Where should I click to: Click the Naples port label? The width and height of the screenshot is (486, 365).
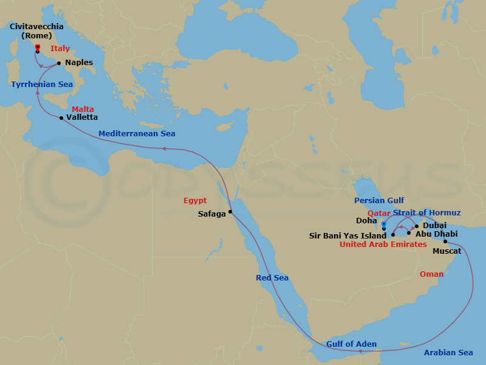pyautogui.click(x=79, y=63)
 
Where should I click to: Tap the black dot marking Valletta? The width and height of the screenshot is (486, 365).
pyautogui.click(x=61, y=118)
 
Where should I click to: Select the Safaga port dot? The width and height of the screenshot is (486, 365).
pyautogui.click(x=230, y=212)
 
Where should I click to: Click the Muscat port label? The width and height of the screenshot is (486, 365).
pyautogui.click(x=447, y=251)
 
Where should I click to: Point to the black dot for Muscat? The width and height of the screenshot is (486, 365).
pyautogui.click(x=445, y=241)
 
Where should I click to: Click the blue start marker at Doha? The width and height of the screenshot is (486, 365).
pyautogui.click(x=383, y=224)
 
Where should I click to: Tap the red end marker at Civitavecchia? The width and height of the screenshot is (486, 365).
pyautogui.click(x=38, y=47)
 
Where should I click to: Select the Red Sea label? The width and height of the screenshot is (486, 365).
pyautogui.click(x=272, y=278)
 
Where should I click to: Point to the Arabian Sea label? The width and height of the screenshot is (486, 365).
pyautogui.click(x=448, y=353)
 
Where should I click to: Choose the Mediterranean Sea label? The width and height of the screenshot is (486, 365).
pyautogui.click(x=137, y=134)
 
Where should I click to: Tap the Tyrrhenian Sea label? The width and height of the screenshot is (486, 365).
pyautogui.click(x=41, y=85)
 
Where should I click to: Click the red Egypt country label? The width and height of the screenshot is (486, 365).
pyautogui.click(x=195, y=201)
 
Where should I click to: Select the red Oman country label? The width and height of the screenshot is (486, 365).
pyautogui.click(x=431, y=274)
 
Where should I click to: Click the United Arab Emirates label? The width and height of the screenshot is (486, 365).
pyautogui.click(x=383, y=245)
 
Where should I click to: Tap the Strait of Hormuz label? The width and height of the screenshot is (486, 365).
pyautogui.click(x=426, y=213)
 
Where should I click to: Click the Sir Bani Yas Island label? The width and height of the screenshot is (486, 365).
pyautogui.click(x=347, y=235)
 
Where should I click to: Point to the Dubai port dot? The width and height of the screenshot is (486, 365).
pyautogui.click(x=417, y=226)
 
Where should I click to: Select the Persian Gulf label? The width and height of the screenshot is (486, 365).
pyautogui.click(x=379, y=200)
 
